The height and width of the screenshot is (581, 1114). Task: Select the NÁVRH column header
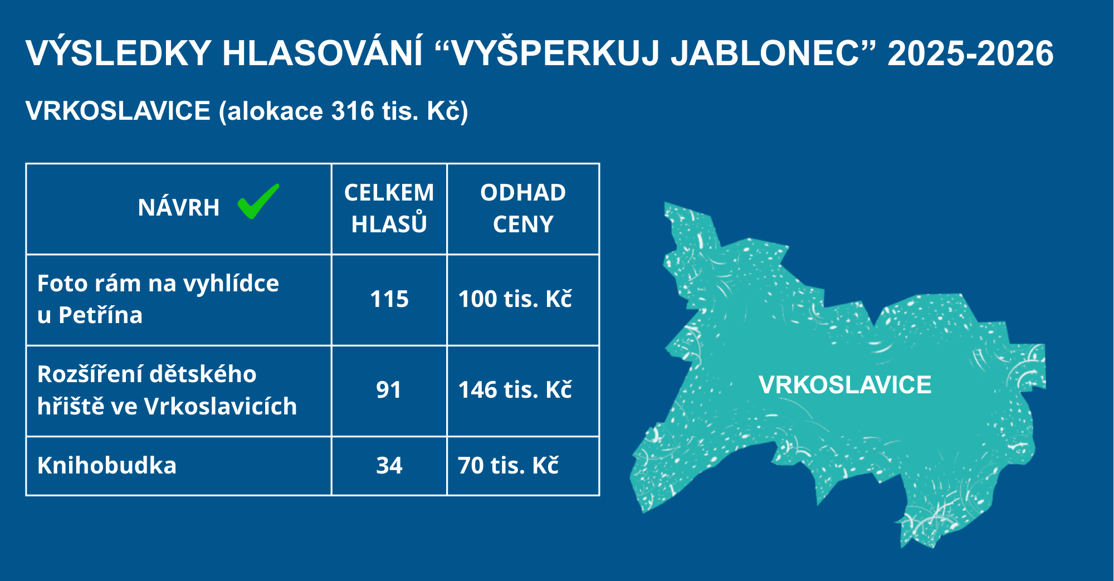click(x=179, y=208)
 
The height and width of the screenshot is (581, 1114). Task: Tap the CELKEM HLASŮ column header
click(x=389, y=208)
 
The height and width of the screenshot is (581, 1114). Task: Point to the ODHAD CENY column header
click(x=523, y=208)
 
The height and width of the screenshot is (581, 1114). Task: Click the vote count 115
click(x=389, y=299)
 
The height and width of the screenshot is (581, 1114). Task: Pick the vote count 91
click(x=389, y=390)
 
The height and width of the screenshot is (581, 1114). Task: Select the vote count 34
click(x=389, y=466)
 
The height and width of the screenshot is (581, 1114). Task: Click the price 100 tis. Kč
click(x=515, y=299)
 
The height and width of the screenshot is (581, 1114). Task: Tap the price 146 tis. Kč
click(x=515, y=390)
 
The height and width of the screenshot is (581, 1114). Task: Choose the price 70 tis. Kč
click(x=508, y=466)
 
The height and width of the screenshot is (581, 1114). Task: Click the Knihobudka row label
click(x=107, y=466)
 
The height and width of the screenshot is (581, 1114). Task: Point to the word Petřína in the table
click(x=100, y=315)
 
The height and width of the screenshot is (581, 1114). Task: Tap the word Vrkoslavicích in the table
click(x=221, y=406)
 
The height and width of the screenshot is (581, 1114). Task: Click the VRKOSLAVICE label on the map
click(x=845, y=385)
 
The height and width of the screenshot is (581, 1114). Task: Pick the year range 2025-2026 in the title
click(x=971, y=53)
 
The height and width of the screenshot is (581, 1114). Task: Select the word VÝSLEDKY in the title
click(x=119, y=53)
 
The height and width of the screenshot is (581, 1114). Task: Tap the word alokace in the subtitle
click(x=275, y=111)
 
